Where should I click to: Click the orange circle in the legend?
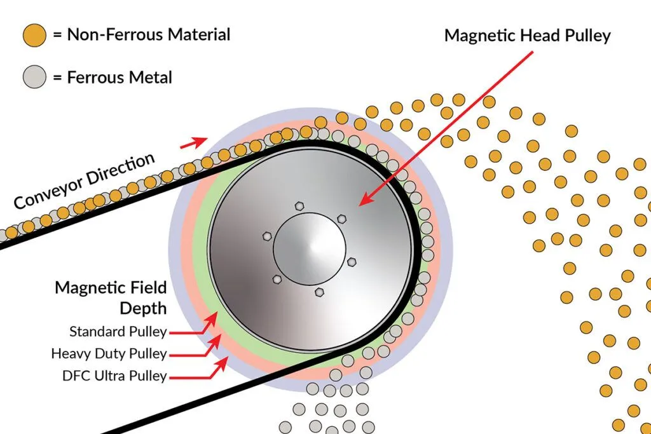[x=34, y=35]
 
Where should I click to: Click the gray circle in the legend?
[x=34, y=78]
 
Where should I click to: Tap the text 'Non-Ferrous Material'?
[x=141, y=35]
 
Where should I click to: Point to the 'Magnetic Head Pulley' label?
[x=527, y=36]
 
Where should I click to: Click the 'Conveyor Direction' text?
[x=85, y=181]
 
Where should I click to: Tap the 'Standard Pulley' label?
[x=118, y=331]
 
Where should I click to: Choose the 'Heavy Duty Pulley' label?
[x=109, y=353]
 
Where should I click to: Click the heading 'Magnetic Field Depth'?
[x=111, y=297]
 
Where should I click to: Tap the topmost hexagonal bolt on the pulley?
[x=298, y=206]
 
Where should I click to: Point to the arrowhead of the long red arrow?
[x=362, y=203]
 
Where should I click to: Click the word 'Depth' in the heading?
[x=144, y=308]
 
